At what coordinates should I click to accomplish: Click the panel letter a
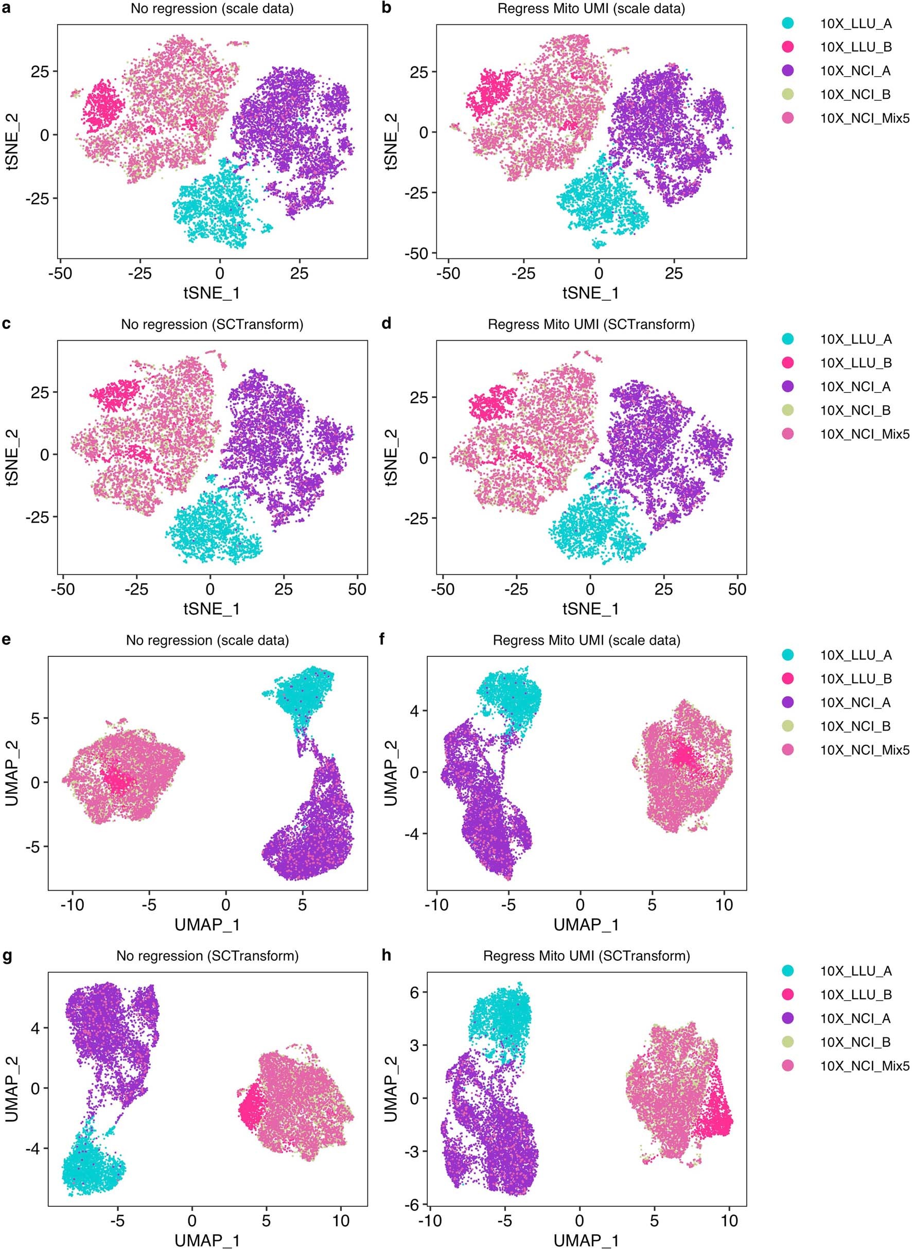[6, 8]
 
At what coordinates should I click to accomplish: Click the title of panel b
[591, 9]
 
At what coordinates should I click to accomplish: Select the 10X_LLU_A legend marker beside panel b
[788, 23]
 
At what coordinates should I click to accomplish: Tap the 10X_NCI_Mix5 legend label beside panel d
[864, 434]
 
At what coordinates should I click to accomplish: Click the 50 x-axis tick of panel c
[357, 589]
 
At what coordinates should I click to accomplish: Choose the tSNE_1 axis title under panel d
[591, 609]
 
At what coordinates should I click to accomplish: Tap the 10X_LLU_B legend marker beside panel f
[788, 679]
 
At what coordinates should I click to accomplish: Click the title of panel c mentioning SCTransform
[212, 325]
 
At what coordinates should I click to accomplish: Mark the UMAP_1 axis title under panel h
[586, 1240]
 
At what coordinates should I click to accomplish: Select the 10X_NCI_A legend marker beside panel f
[788, 702]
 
